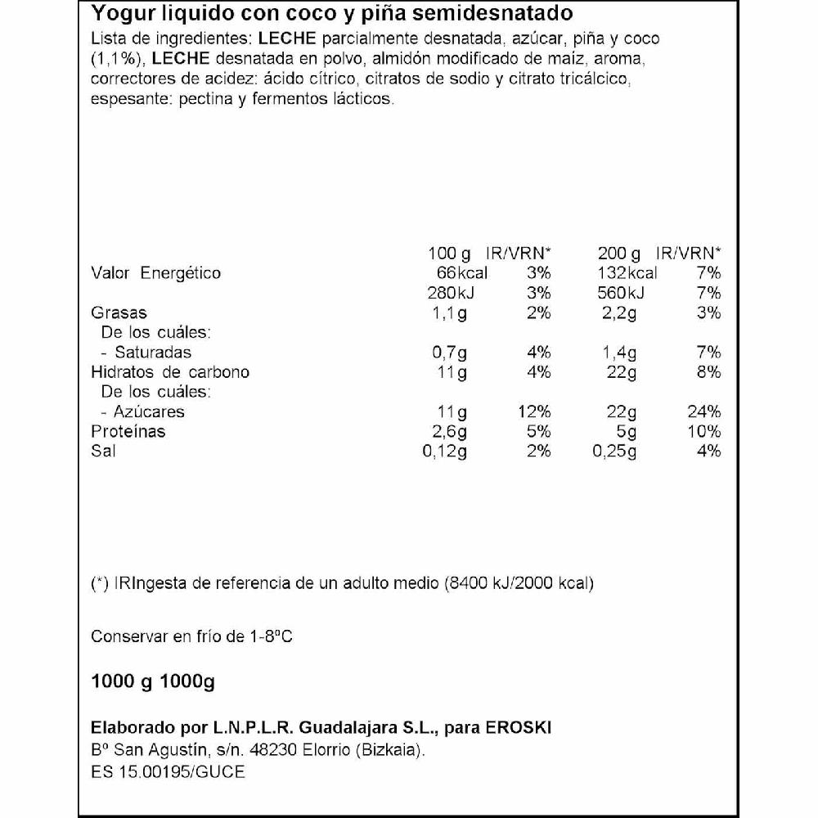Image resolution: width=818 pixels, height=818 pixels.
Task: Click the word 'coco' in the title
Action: pyautogui.click(x=302, y=15)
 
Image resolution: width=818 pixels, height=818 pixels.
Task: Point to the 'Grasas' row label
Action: pyautogui.click(x=119, y=312)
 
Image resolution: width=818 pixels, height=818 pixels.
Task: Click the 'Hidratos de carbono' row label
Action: pyautogui.click(x=170, y=372)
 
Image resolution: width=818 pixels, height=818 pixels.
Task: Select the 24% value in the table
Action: pyautogui.click(x=703, y=411)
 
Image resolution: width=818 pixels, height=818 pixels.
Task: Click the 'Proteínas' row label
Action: pyautogui.click(x=128, y=431)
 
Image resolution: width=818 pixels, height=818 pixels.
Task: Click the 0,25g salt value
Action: pyautogui.click(x=613, y=451)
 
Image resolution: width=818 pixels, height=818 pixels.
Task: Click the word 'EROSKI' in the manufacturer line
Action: pyautogui.click(x=531, y=728)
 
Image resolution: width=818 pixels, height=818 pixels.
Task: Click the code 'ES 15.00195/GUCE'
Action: pyautogui.click(x=168, y=772)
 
